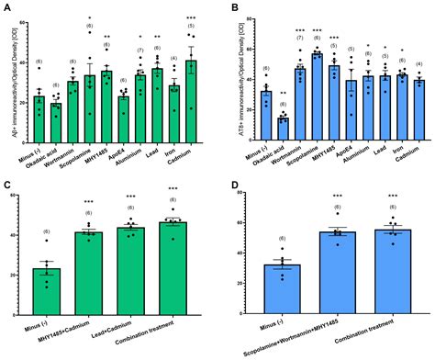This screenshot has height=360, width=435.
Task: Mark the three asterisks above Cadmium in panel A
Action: (191, 17)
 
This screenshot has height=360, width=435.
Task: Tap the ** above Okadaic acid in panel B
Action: (283, 94)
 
